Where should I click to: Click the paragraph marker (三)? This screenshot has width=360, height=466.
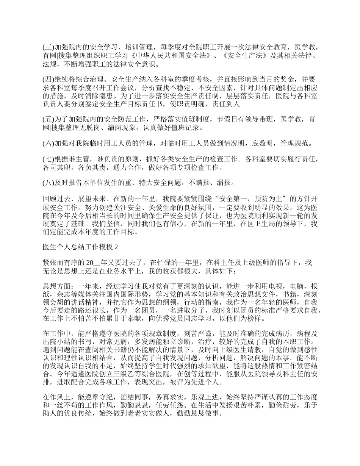(x=48, y=47)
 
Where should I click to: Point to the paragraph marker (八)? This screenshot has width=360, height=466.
(x=48, y=183)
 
